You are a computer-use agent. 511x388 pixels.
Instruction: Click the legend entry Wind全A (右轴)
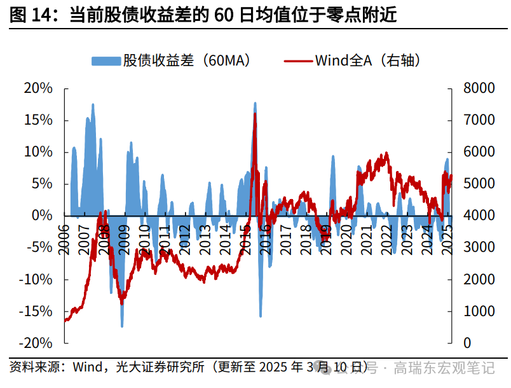[x=353, y=61]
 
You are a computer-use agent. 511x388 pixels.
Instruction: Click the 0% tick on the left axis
[x=41, y=216]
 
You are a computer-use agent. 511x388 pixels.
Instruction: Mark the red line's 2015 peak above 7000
[x=255, y=114]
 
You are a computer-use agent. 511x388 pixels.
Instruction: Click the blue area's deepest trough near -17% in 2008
[x=122, y=326]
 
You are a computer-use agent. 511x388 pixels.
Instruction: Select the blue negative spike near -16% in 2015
[x=261, y=316]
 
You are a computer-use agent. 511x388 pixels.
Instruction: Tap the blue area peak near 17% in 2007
[x=93, y=104]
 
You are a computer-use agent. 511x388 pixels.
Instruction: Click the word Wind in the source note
[x=87, y=368]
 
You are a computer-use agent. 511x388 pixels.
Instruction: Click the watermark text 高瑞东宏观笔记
[x=444, y=368]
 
